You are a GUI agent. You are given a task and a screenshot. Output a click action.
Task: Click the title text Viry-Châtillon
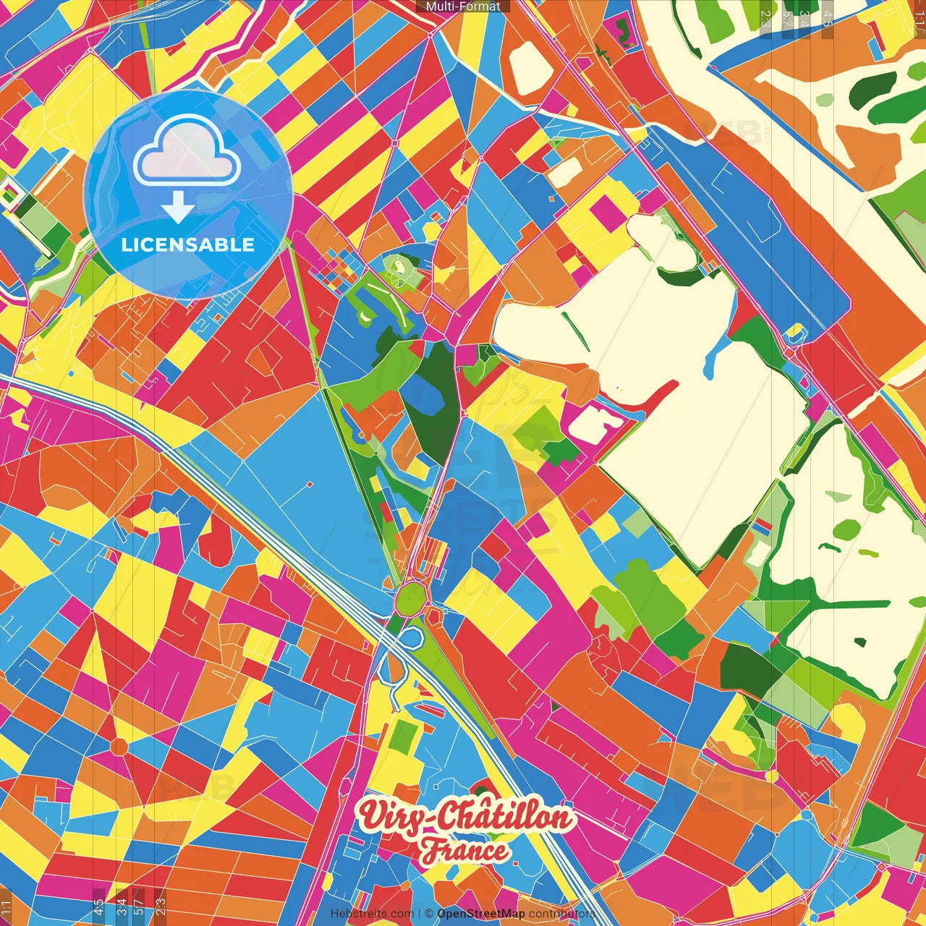[467, 817]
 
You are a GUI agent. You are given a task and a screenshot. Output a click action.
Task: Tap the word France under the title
[465, 851]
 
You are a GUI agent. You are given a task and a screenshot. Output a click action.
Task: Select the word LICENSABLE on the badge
[188, 245]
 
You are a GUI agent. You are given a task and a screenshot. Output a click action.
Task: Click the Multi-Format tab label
[463, 7]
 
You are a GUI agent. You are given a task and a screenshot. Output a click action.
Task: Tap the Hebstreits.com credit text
[372, 914]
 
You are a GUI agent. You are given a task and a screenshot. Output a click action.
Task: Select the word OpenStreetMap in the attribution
[481, 914]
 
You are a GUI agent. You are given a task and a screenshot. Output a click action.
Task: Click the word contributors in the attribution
[561, 914]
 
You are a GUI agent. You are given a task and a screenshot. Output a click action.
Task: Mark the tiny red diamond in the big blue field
[310, 484]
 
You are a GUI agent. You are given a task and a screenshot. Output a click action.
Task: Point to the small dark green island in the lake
[860, 642]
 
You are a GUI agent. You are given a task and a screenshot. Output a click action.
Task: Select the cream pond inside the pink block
[592, 423]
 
